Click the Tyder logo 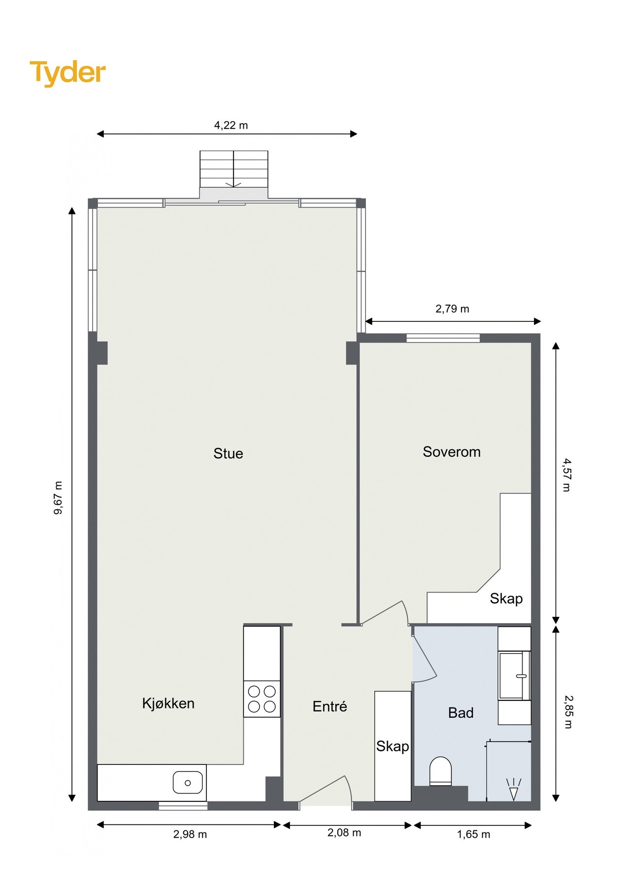(x=67, y=73)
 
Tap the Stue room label (x=228, y=453)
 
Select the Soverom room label (x=452, y=452)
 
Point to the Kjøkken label (x=168, y=703)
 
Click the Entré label (x=330, y=706)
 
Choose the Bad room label (x=461, y=713)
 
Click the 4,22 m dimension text (x=231, y=126)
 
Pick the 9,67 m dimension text (x=58, y=498)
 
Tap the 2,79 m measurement (x=452, y=309)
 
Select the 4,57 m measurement (x=567, y=475)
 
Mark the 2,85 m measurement (x=568, y=712)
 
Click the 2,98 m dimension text (x=190, y=834)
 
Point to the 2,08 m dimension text (x=344, y=833)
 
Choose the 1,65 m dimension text (x=474, y=834)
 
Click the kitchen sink (x=188, y=783)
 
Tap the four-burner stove (x=262, y=699)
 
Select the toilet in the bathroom (x=441, y=771)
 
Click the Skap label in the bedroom (x=506, y=599)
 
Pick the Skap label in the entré (x=393, y=747)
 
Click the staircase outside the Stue (x=234, y=169)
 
